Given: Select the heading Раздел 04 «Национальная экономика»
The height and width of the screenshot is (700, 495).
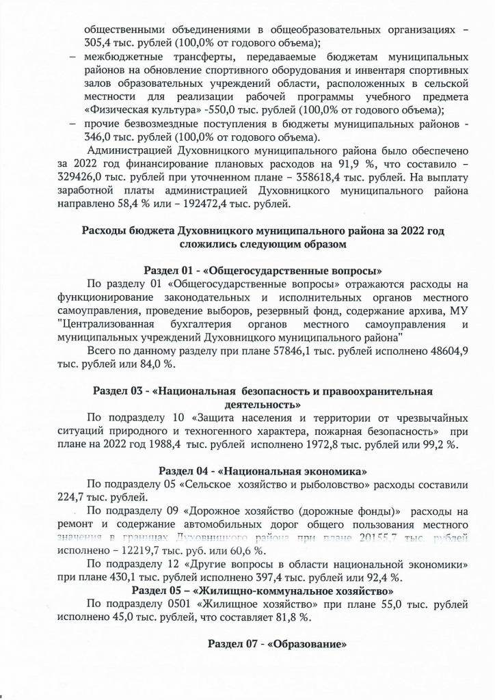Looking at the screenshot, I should (x=263, y=471).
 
